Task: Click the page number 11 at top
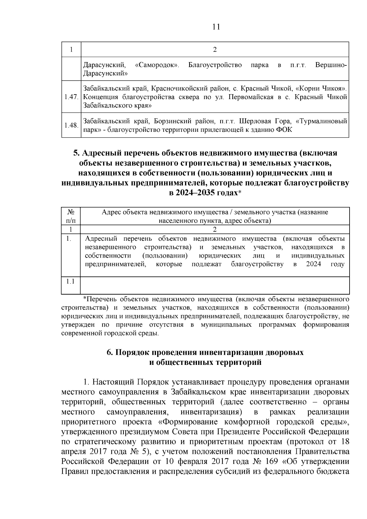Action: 216,27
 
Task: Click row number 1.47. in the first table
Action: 71,97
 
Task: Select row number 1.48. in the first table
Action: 71,125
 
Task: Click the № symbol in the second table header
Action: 71,212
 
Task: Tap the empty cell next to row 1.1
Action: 214,285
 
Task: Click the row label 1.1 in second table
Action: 71,281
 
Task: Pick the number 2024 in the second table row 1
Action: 313,264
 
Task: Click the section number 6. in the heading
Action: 110,352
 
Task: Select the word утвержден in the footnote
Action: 77,325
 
